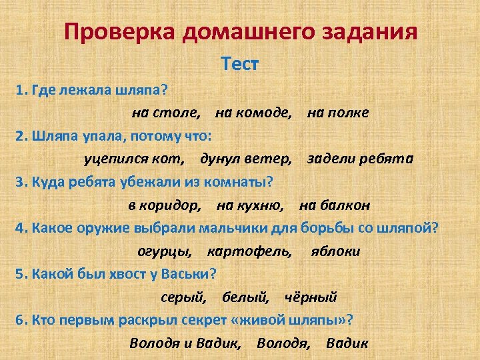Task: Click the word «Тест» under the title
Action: pyautogui.click(x=239, y=64)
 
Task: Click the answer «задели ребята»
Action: pyautogui.click(x=360, y=159)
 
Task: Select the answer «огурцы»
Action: pyautogui.click(x=165, y=251)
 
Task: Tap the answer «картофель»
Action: pyautogui.click(x=249, y=251)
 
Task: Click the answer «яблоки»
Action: pyautogui.click(x=335, y=251)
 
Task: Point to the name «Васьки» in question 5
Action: pyautogui.click(x=186, y=274)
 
